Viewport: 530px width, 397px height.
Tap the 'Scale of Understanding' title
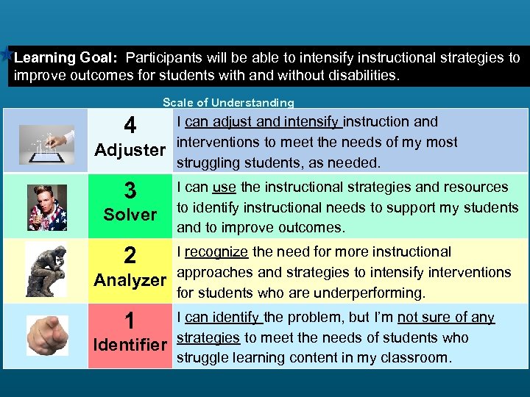click(228, 103)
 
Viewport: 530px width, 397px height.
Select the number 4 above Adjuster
click(130, 126)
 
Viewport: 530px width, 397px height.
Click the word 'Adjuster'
click(131, 151)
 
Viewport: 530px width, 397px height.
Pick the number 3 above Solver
click(130, 191)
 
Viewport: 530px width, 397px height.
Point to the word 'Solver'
click(130, 215)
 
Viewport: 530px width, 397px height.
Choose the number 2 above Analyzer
click(130, 256)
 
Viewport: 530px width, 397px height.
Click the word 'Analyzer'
click(131, 280)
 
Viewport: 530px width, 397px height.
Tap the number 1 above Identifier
click(130, 321)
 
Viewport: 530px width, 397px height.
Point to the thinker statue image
click(47, 270)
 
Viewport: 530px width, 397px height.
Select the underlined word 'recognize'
click(216, 252)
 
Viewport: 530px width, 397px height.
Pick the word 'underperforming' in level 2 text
click(370, 293)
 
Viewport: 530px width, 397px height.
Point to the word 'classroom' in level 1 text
click(417, 358)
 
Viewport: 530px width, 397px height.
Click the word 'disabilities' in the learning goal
click(361, 76)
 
